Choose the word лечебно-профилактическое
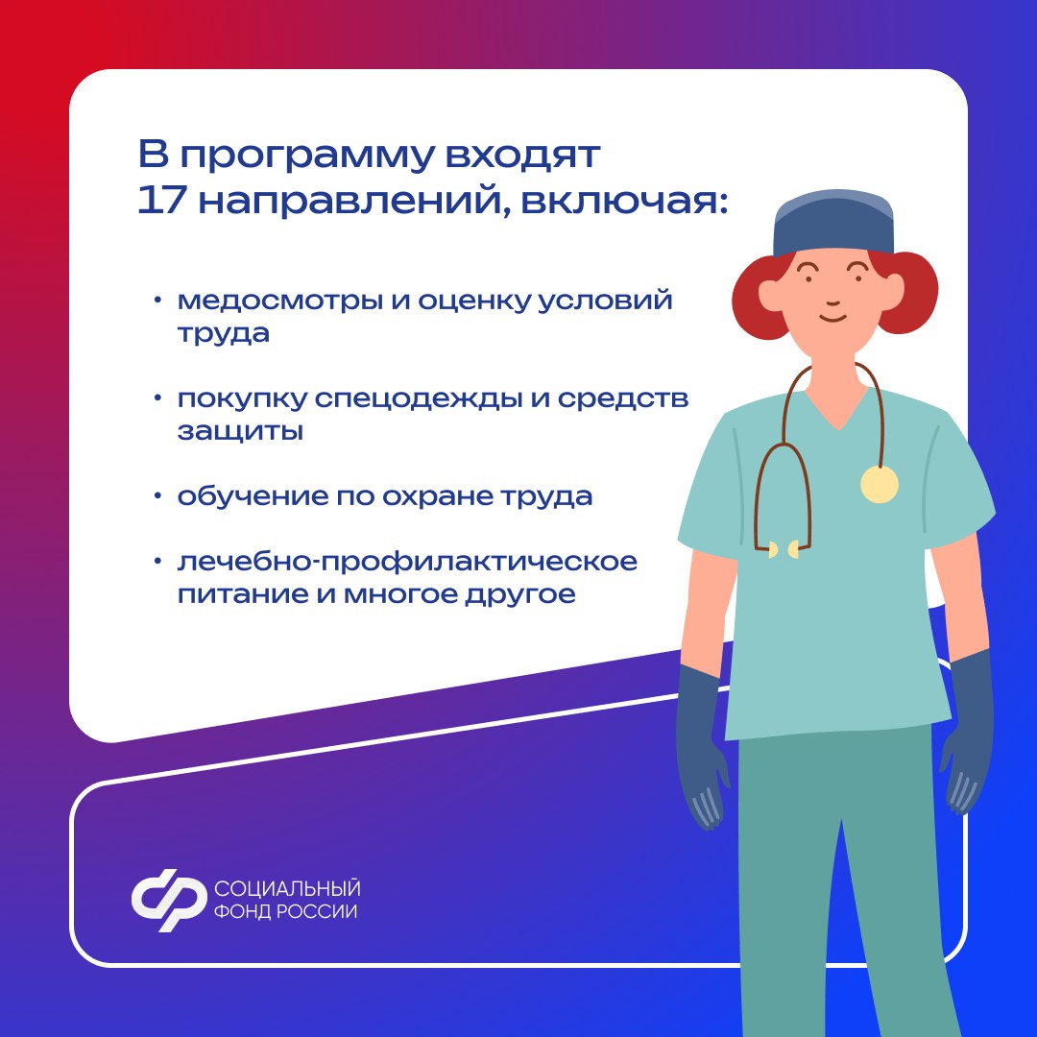pos(407,563)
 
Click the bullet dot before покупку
pos(157,398)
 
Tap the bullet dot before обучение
pos(157,496)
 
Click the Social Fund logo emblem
pos(168,900)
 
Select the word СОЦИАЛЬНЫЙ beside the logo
pos(287,887)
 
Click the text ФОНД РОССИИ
pos(286,911)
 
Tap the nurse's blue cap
pos(833,222)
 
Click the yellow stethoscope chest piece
pos(879,484)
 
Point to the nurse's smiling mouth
pos(832,318)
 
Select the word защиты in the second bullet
pos(240,431)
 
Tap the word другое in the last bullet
pos(520,595)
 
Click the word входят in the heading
pos(522,157)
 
